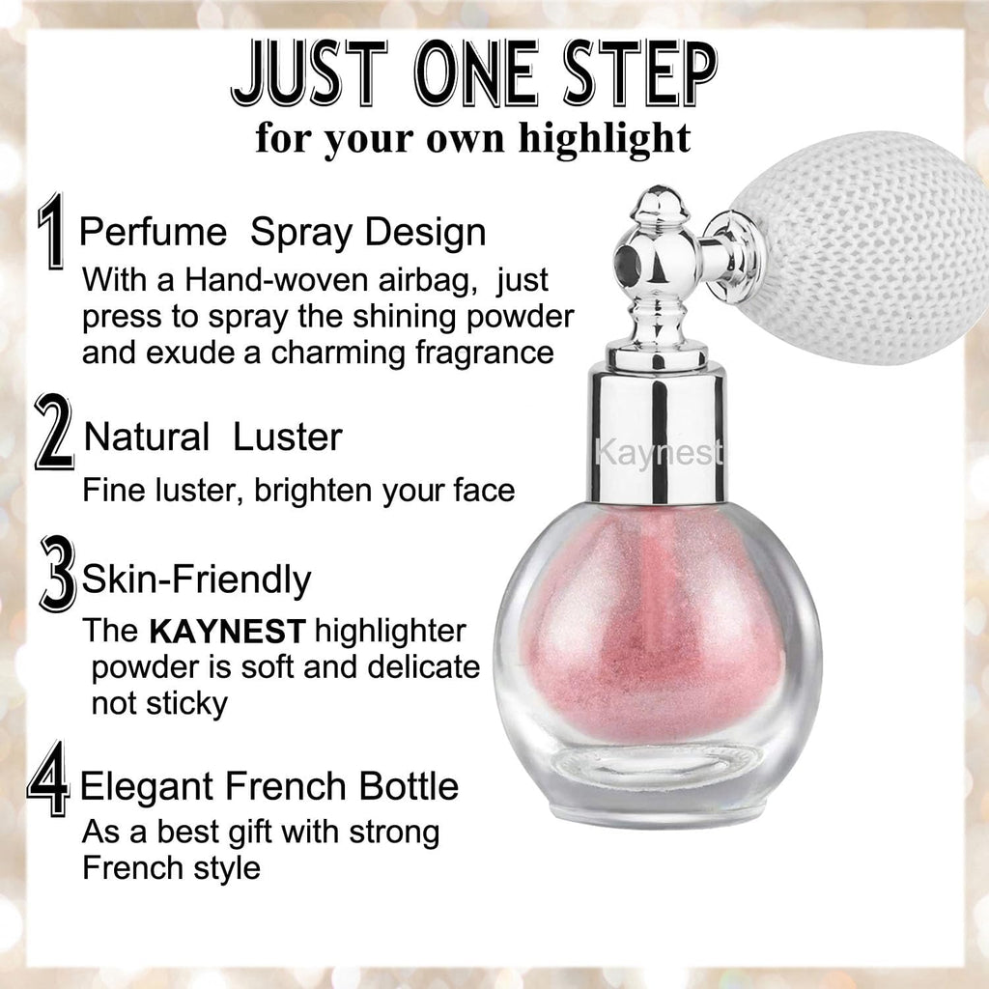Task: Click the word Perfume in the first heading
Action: pos(153,233)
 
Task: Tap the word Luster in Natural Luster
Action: pos(288,437)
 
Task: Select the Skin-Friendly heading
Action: pos(196,579)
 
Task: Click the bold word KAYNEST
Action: pos(227,632)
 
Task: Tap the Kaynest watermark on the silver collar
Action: pos(659,450)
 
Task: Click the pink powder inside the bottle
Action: pos(657,628)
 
